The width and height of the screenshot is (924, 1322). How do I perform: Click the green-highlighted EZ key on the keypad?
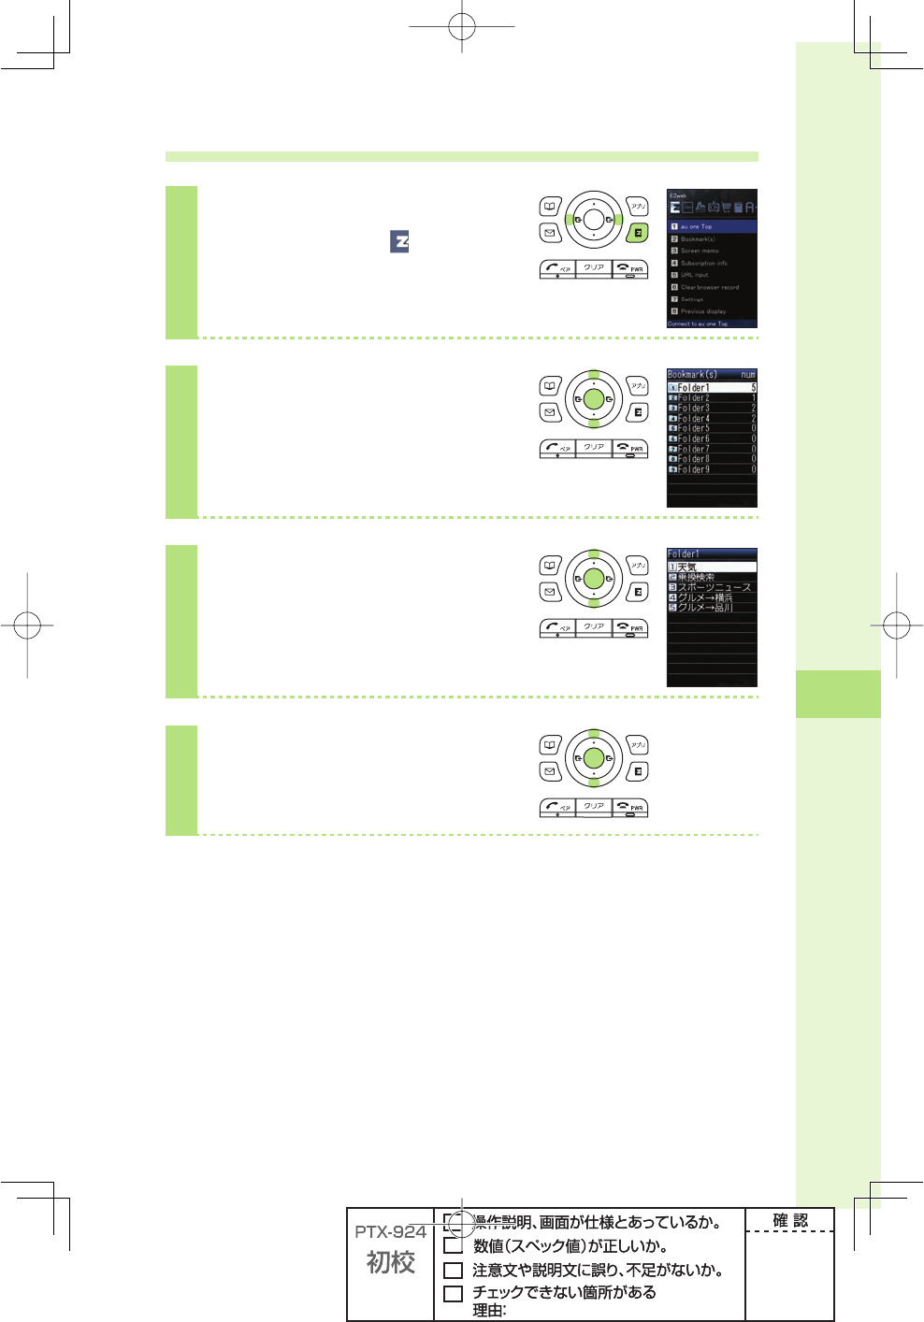click(x=637, y=233)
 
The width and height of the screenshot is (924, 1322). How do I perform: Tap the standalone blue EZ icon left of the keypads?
click(x=399, y=241)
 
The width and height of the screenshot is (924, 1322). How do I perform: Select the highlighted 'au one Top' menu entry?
click(x=712, y=226)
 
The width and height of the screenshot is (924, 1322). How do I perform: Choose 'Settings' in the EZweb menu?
click(x=692, y=299)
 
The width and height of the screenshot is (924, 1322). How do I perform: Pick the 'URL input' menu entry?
click(x=694, y=275)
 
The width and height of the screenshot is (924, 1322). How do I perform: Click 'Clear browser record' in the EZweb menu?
click(x=709, y=287)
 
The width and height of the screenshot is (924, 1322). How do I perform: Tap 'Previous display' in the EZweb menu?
click(x=702, y=311)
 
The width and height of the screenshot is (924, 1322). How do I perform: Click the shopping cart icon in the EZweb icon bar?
click(x=726, y=208)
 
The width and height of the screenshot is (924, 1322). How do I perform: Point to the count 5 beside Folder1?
click(x=753, y=387)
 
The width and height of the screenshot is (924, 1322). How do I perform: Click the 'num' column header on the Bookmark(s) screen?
click(x=747, y=375)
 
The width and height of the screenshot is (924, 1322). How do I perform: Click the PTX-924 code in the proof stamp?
click(x=390, y=1232)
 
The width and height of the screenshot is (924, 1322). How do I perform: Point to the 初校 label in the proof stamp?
click(x=390, y=1262)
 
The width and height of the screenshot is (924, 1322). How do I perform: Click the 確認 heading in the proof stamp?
click(x=789, y=1220)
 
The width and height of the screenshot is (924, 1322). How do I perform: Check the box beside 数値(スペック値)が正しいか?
click(x=453, y=1246)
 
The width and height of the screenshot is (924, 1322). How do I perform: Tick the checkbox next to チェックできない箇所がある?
click(x=453, y=1294)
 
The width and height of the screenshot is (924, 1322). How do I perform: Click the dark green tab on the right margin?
click(x=838, y=694)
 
